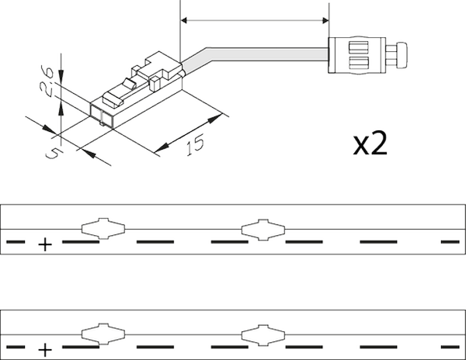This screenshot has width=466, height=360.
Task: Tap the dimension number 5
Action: pos(54,154)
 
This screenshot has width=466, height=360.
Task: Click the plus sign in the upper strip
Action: pos(45,245)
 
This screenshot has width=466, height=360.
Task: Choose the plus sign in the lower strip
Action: pos(45,350)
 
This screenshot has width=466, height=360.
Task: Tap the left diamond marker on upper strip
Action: pos(103,228)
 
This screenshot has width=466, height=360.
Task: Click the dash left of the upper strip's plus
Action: pos(16,242)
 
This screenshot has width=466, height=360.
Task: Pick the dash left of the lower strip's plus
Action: pos(16,347)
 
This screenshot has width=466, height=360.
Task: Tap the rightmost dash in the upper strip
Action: pos(451,242)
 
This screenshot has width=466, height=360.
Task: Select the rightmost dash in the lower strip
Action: pos(451,347)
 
